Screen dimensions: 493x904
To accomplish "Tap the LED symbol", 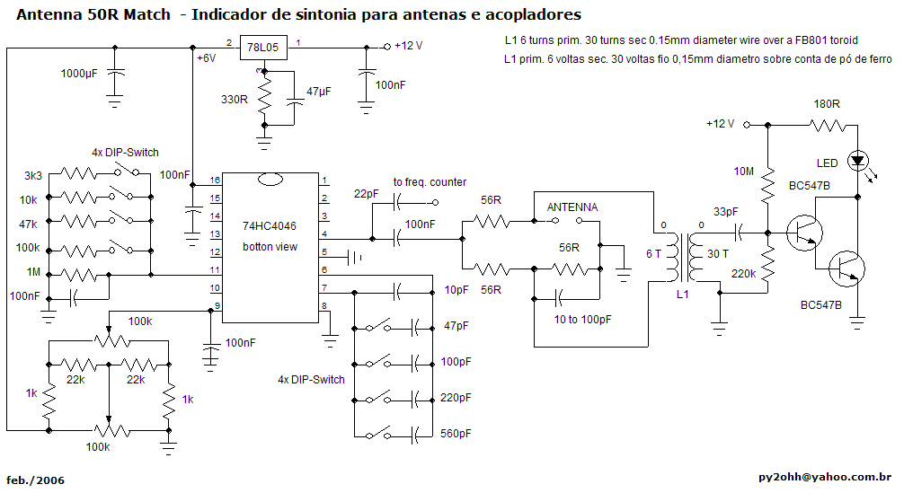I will tap(857, 162).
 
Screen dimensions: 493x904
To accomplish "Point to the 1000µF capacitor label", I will tap(79, 74).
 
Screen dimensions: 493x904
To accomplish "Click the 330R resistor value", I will tap(235, 99).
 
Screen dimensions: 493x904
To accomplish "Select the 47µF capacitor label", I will tap(319, 92).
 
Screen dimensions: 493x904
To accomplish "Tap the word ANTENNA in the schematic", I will tap(572, 207).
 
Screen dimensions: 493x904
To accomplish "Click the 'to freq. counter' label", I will tap(430, 182).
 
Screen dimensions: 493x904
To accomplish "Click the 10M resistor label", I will tap(743, 172).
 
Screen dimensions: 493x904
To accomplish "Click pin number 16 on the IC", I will tap(216, 180).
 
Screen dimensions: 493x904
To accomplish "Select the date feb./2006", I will tap(35, 480).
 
